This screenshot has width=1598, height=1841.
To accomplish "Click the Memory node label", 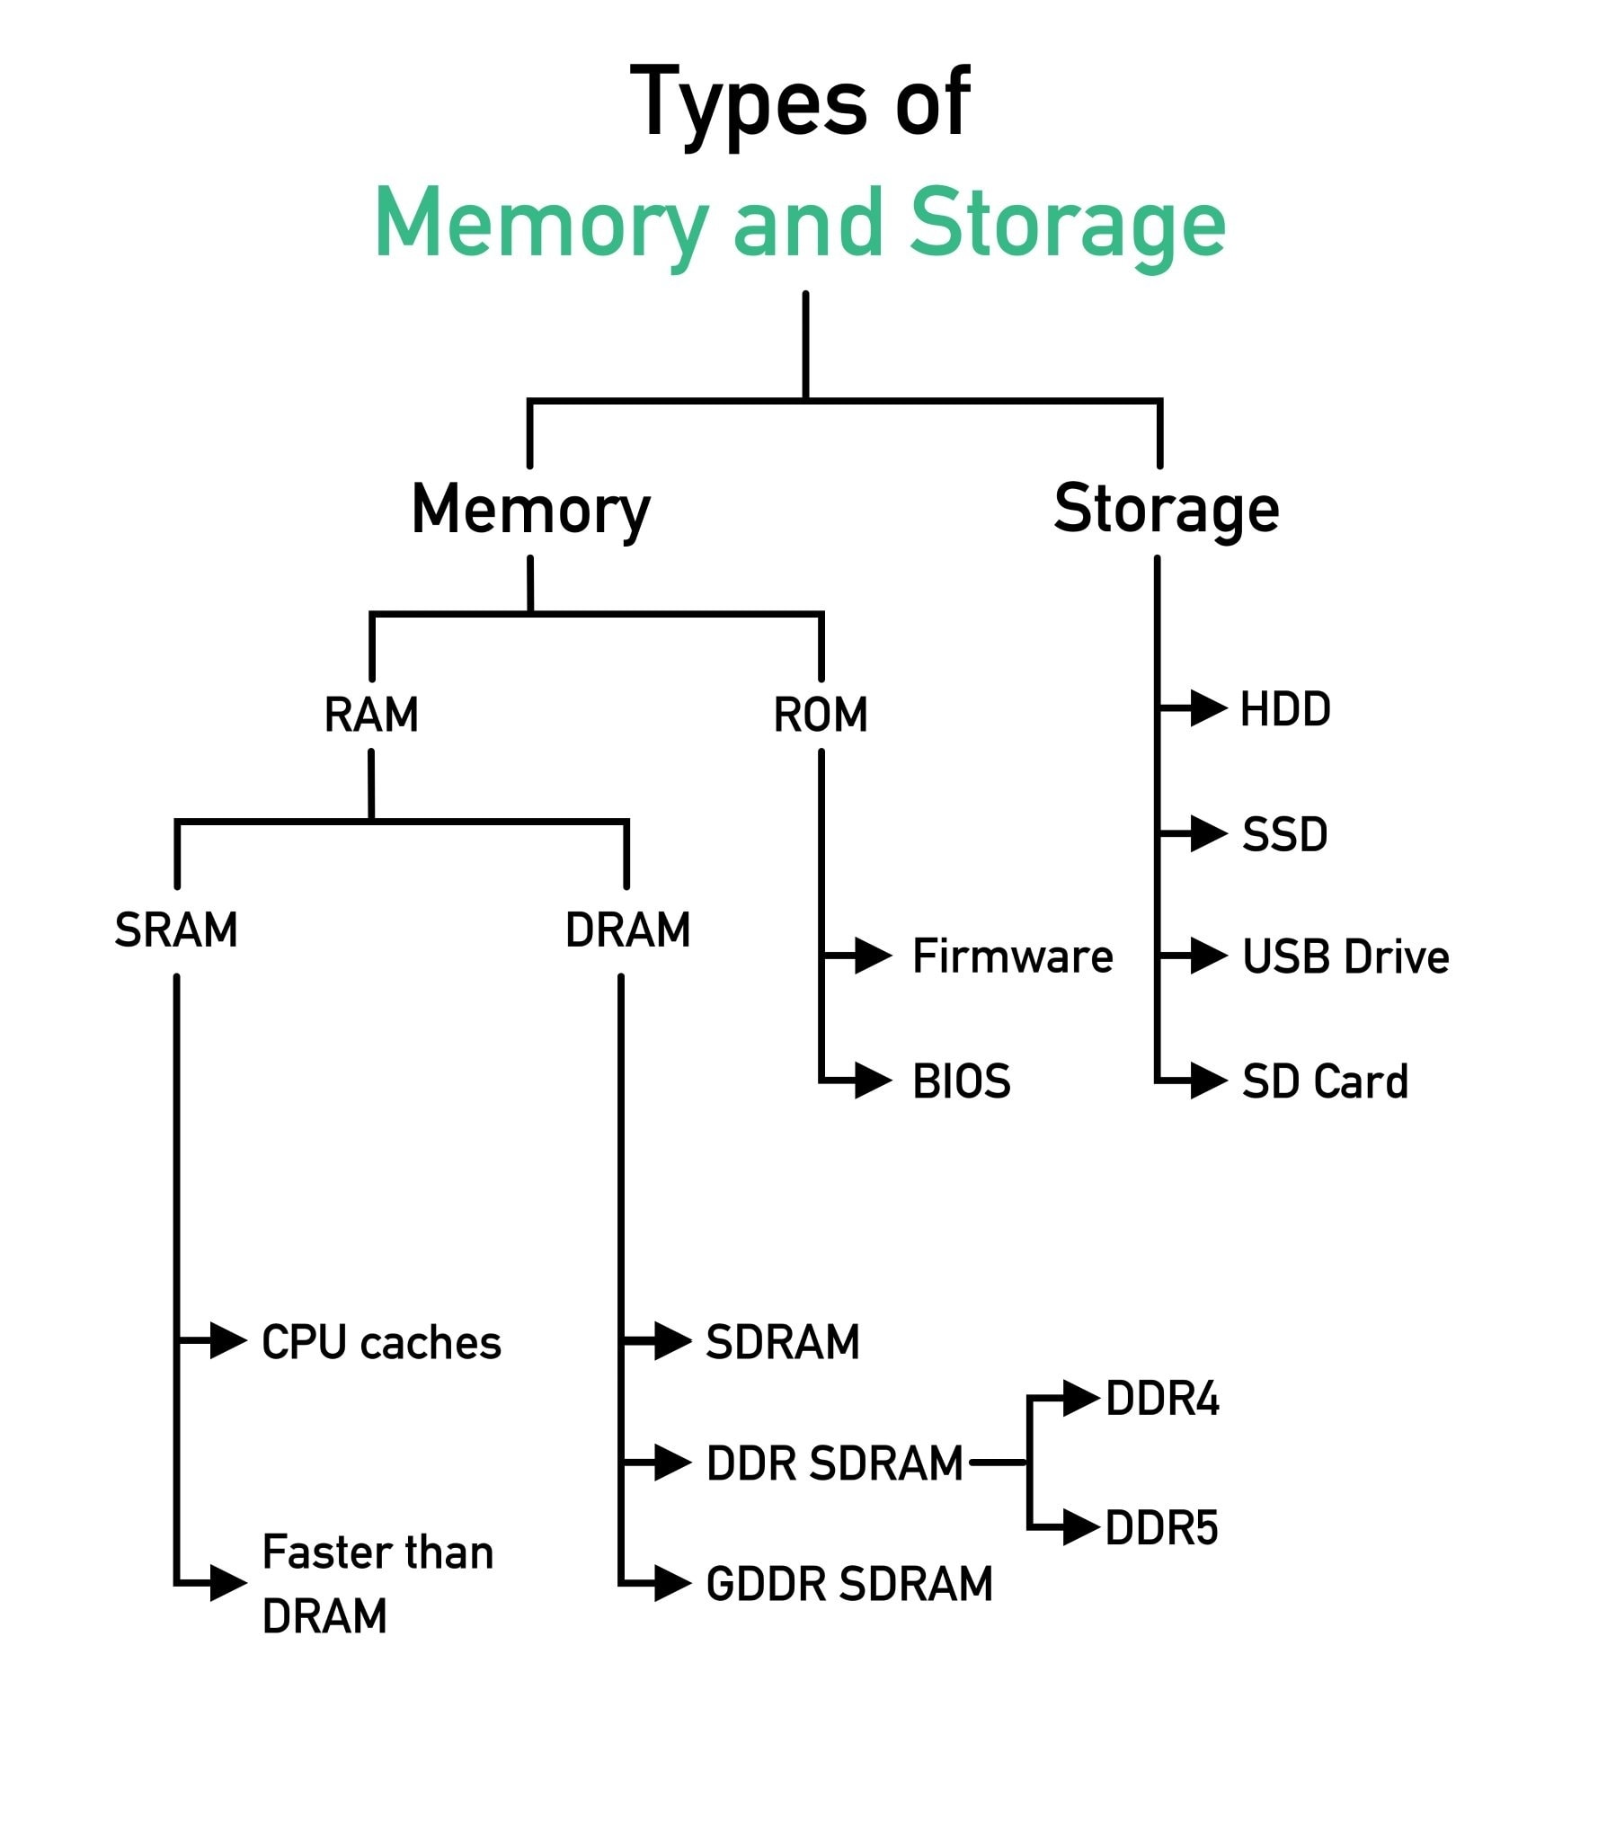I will click(530, 510).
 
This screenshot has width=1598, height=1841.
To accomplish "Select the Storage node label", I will click(1166, 509).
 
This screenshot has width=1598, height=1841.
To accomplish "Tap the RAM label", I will click(371, 715).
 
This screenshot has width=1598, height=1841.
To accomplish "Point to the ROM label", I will click(821, 715).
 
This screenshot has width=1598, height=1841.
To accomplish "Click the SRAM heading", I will click(176, 929).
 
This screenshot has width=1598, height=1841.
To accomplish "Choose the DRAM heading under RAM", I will click(627, 929).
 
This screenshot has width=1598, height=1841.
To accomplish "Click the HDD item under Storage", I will click(1285, 709).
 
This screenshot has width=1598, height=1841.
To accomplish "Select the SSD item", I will click(1284, 834).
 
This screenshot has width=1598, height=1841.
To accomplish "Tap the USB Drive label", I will click(1345, 956).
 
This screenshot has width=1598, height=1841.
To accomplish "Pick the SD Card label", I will click(1325, 1081).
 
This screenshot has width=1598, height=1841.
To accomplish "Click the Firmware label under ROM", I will click(1012, 956).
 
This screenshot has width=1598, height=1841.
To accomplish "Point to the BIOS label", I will click(961, 1081).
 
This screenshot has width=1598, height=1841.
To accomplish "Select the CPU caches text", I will click(381, 1343).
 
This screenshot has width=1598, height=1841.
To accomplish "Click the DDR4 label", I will click(1162, 1399).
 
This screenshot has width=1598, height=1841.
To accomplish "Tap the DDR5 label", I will click(1161, 1528).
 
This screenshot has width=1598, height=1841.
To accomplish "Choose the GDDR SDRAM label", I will click(849, 1584).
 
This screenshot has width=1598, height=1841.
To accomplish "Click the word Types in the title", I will click(749, 103).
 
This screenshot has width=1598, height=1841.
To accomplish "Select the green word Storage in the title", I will click(1067, 222).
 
